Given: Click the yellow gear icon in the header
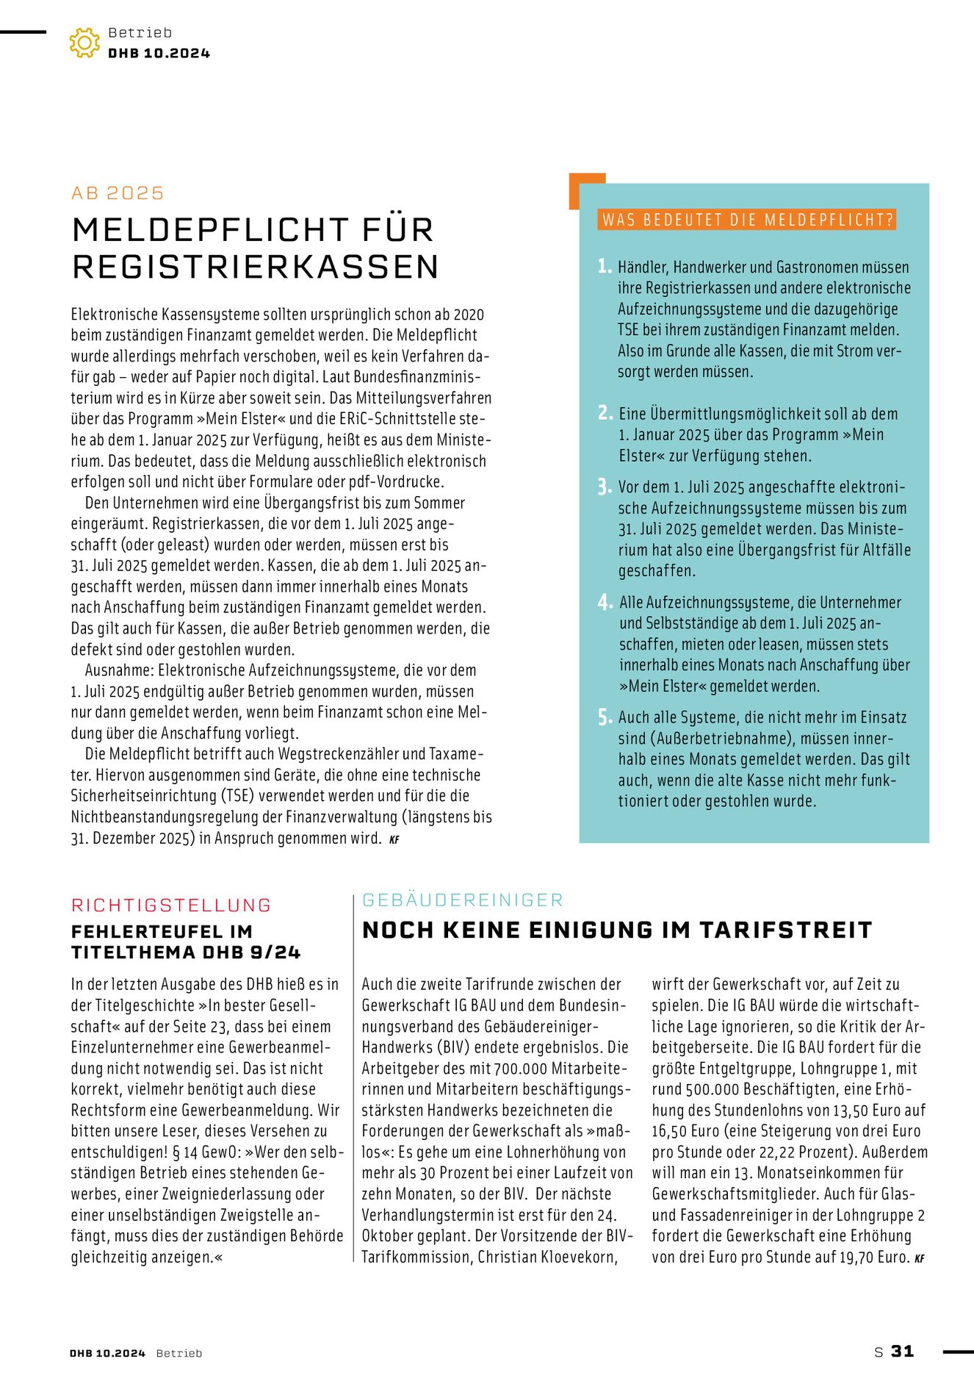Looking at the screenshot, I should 84,43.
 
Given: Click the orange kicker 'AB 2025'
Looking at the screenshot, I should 118,193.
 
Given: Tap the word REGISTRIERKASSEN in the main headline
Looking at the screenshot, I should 255,266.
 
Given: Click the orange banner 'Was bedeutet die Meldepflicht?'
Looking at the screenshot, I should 746,220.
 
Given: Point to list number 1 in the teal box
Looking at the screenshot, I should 604,266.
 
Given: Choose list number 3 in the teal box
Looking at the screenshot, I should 604,487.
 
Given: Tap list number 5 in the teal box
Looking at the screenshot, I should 604,717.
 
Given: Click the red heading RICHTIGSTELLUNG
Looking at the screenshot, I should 171,905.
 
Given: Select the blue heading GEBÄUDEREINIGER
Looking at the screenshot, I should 463,900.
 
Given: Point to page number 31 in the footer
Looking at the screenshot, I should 902,1351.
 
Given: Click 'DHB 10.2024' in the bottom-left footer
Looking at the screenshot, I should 107,1353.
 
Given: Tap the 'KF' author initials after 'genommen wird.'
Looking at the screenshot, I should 394,839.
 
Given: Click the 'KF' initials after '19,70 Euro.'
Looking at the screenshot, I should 919,1258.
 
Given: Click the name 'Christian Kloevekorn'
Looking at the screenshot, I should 546,1257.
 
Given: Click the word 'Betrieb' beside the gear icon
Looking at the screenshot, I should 140,32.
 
